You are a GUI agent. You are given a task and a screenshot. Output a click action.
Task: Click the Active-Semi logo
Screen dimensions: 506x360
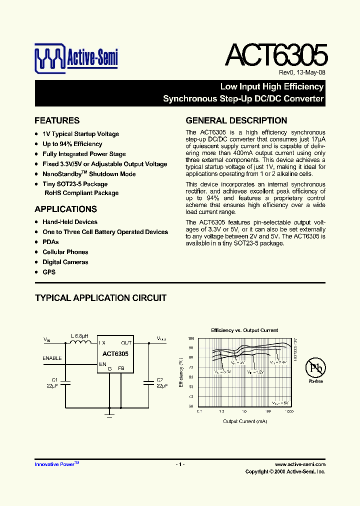76,57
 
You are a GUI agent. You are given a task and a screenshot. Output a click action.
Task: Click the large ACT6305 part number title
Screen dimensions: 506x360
276,55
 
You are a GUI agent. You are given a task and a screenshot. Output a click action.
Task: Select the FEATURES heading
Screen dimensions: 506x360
57,120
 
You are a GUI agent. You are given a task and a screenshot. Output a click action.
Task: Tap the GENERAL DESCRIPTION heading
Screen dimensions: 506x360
236,120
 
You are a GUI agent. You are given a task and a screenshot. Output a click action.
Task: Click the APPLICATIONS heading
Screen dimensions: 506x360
65,209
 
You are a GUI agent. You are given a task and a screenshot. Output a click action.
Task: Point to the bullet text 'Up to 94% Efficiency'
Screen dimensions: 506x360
72,144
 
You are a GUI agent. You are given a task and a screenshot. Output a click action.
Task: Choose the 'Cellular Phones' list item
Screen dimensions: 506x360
65,252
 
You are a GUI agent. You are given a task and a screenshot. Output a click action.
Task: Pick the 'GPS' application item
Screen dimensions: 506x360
49,272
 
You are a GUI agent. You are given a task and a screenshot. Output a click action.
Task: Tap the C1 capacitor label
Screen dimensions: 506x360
55,379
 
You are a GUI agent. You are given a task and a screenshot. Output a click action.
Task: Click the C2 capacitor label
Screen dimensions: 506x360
160,379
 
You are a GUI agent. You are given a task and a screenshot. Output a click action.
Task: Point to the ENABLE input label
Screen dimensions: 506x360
52,358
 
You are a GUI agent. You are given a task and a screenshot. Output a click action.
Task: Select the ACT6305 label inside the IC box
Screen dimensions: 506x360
115,353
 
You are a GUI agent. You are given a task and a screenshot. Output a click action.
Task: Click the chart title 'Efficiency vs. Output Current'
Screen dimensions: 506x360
244,330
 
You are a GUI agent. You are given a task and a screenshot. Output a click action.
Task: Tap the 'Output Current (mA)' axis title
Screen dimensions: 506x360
245,421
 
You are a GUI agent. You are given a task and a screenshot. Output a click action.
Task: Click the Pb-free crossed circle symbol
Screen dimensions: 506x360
315,369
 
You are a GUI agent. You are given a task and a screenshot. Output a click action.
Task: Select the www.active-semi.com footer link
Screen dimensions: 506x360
300,464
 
